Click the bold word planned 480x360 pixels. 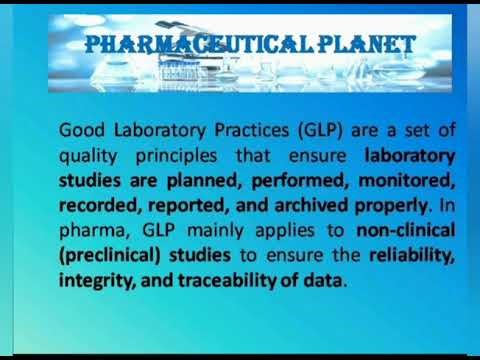click(x=235, y=181)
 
